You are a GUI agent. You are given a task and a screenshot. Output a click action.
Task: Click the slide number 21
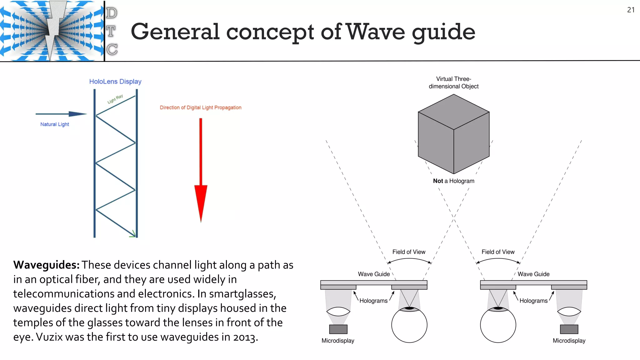631,10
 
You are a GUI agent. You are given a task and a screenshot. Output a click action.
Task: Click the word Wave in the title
376,32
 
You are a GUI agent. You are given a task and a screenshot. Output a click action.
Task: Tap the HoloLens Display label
115,82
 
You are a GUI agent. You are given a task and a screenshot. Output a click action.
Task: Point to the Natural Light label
55,124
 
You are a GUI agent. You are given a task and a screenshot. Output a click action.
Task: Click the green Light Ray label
115,99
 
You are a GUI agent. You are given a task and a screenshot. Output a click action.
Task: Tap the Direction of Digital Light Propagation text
200,107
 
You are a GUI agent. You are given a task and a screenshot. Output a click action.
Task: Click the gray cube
453,134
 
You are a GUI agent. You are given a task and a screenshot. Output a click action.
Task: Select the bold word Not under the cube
438,181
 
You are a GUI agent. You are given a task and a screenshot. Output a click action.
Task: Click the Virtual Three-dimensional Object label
453,83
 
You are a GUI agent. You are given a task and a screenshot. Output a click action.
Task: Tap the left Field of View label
409,252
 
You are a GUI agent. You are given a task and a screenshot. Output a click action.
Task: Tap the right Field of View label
498,252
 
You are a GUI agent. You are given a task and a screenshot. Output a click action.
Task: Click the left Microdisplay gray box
338,329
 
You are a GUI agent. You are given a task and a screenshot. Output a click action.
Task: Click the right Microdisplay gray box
569,329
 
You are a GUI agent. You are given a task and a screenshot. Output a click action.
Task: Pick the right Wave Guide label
533,274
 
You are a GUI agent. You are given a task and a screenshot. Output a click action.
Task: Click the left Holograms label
373,301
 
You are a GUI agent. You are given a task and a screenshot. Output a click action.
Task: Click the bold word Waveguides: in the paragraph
46,265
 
